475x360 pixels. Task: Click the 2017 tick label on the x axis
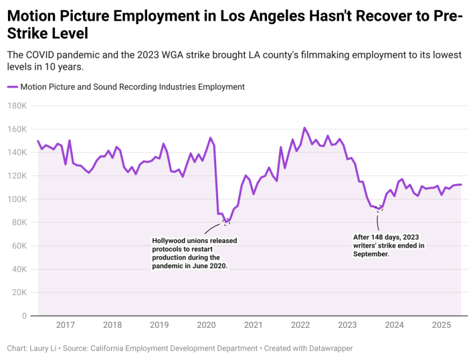click(65, 325)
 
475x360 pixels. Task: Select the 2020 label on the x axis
click(206, 325)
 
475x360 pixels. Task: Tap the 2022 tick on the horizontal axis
click(300, 325)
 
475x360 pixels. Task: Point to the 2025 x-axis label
click(442, 325)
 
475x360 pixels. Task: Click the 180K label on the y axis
click(17, 106)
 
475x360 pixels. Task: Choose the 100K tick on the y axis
click(17, 199)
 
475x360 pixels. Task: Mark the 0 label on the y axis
click(23, 316)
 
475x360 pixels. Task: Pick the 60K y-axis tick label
click(18, 246)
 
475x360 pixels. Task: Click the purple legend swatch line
click(12, 87)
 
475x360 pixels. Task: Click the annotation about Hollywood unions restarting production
click(195, 253)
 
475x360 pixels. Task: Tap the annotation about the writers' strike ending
click(389, 246)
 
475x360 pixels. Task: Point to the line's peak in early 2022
click(304, 128)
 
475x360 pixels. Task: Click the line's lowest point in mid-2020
click(226, 222)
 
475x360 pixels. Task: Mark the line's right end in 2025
click(461, 185)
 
